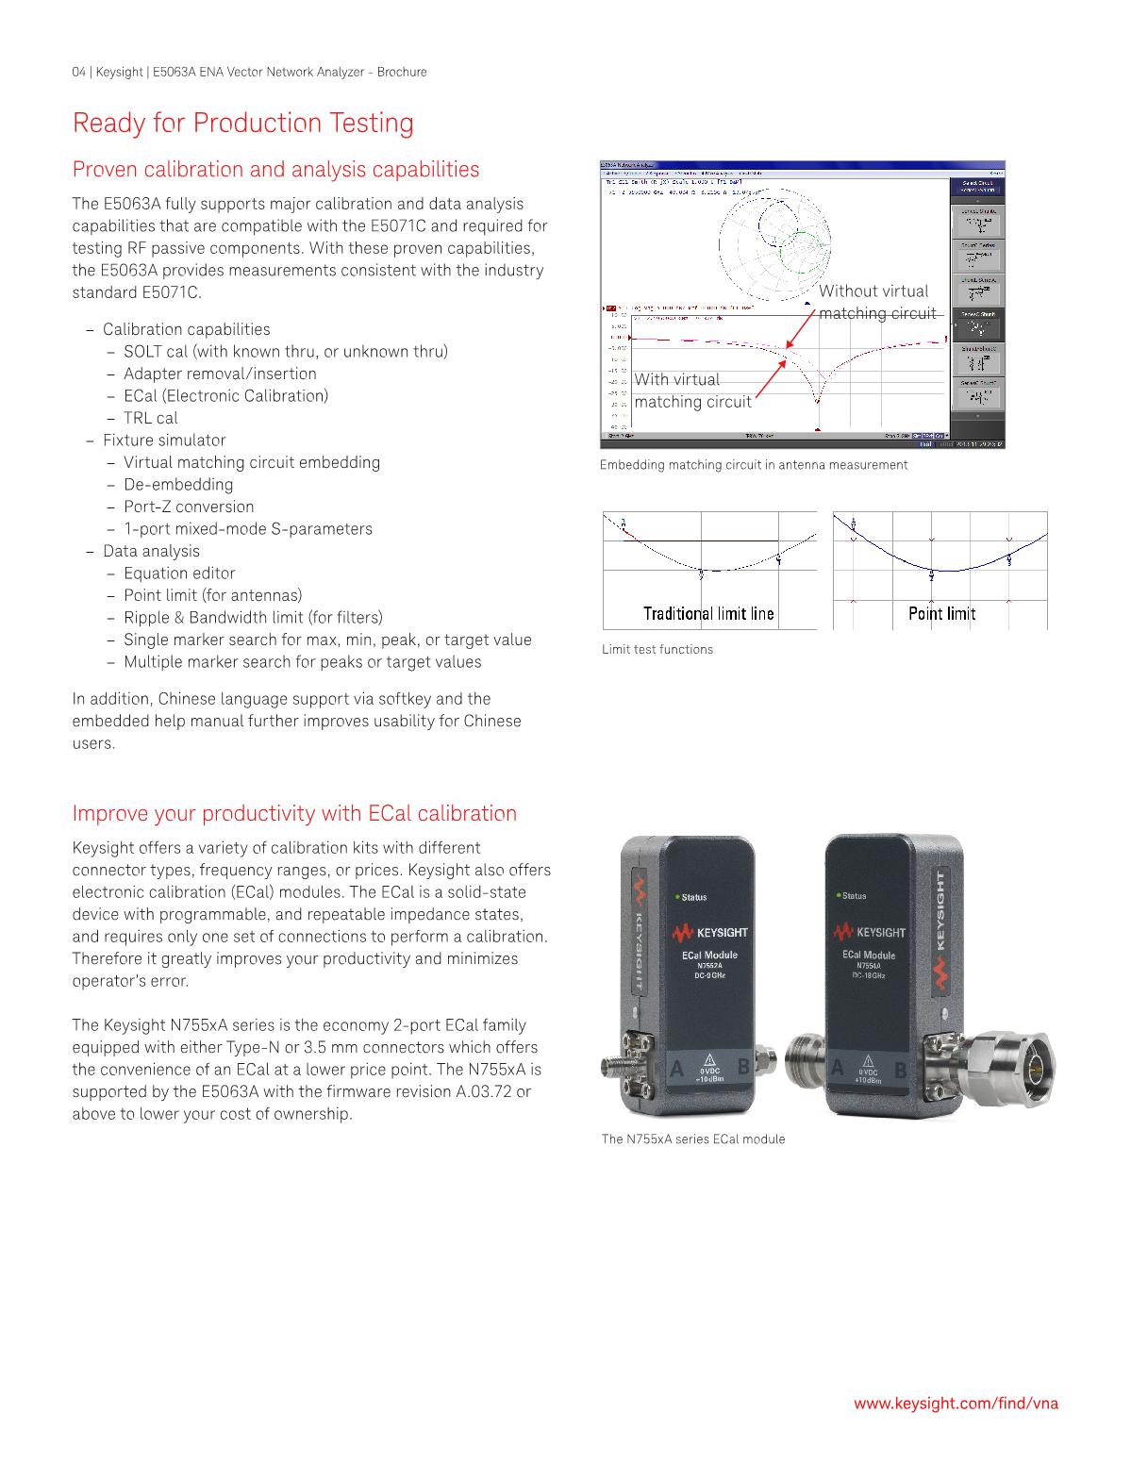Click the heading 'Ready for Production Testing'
243,124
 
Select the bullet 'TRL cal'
150,418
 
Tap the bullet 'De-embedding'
177,484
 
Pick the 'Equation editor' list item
179,573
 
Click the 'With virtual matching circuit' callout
692,391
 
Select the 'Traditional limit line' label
708,614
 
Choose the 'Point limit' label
941,614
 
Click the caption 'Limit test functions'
657,649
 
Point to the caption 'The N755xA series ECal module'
693,1139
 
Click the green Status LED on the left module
676,896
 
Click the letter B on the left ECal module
742,1068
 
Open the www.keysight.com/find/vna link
956,1404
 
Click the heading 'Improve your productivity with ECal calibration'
294,813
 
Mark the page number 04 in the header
79,72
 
